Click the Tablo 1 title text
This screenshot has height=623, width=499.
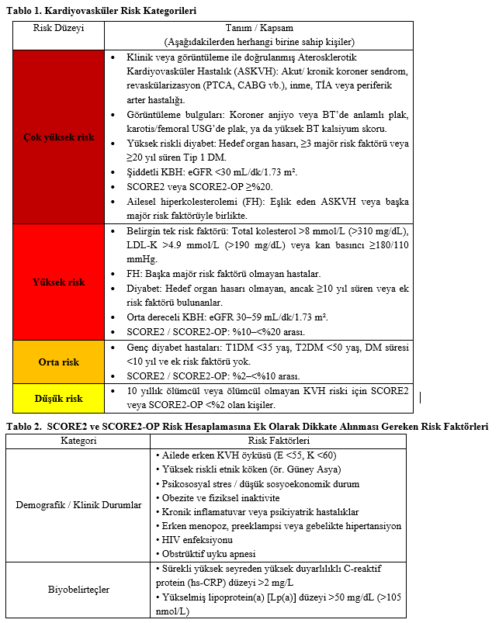pos(101,12)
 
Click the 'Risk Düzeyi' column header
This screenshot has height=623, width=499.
pos(58,28)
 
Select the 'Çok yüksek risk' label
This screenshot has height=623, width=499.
pos(59,137)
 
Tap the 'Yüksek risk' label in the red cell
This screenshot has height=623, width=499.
pos(59,282)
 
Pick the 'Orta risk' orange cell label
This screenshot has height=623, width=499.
pos(59,362)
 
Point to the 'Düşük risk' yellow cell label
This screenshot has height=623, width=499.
pos(59,399)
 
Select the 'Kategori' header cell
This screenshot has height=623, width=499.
pos(78,441)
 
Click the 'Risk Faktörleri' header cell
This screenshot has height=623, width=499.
pos(279,441)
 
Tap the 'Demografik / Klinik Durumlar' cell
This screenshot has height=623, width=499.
pos(78,505)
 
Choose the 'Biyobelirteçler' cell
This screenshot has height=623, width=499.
pos(78,590)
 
